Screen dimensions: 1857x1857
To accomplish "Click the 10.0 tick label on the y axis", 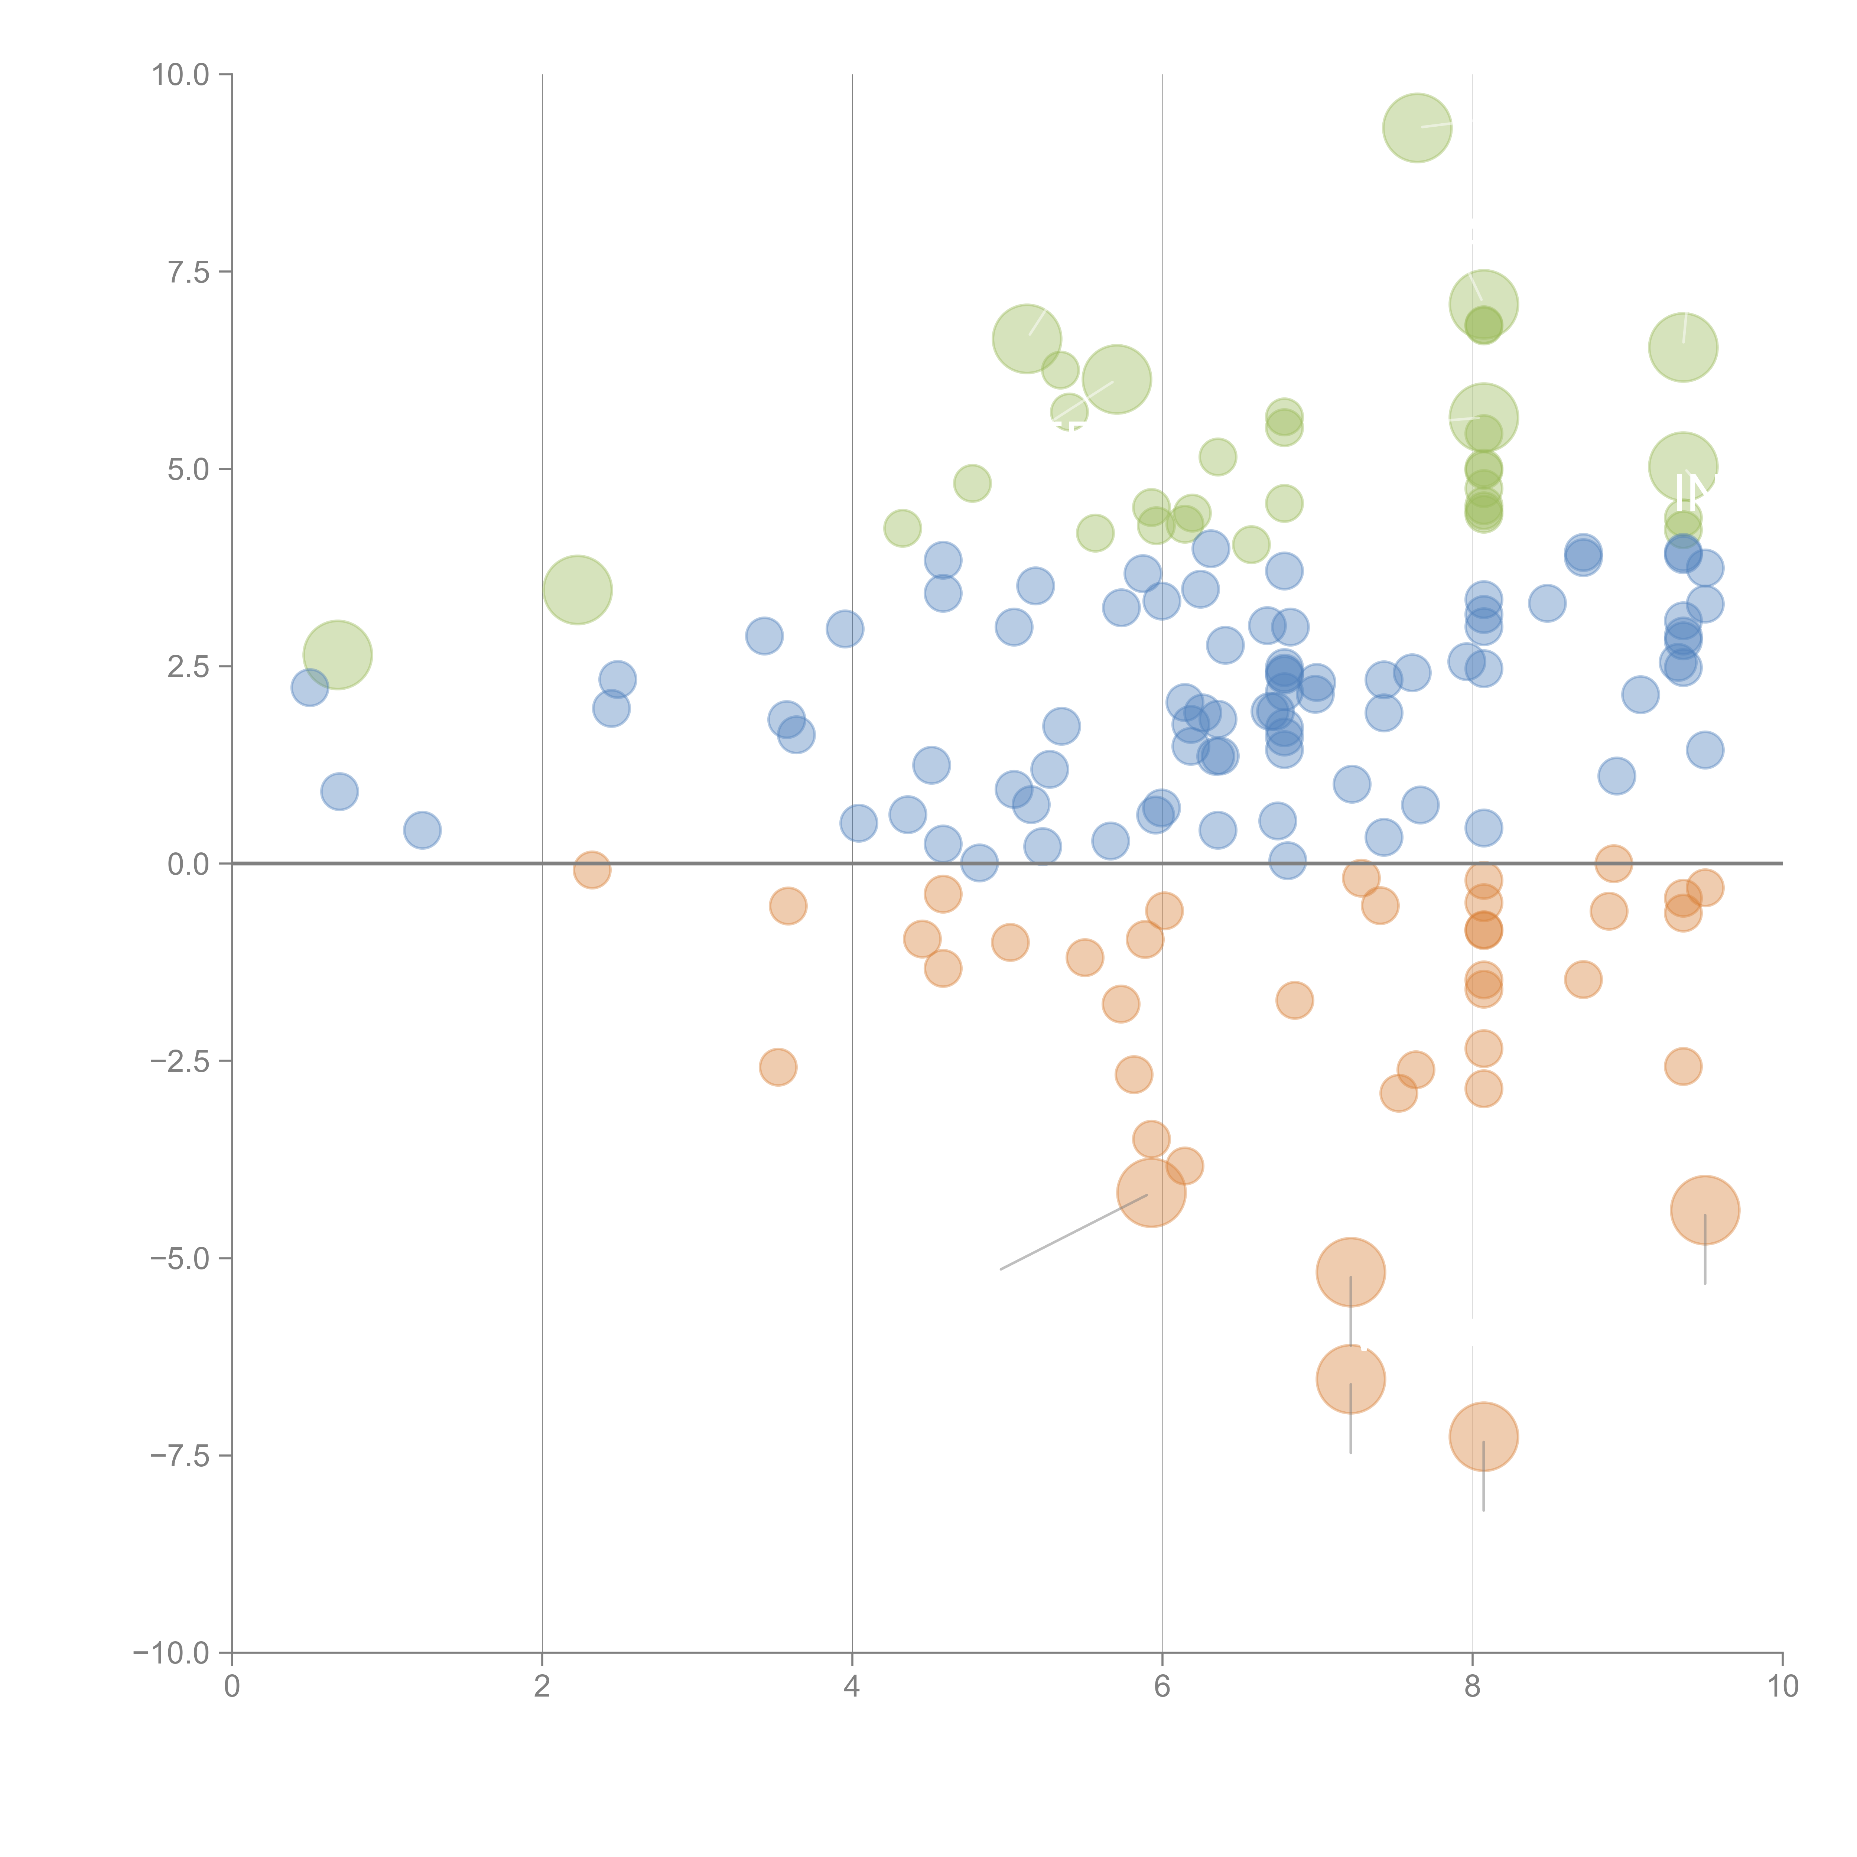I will point(181,75).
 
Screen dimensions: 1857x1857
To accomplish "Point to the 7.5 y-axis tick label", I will point(188,272).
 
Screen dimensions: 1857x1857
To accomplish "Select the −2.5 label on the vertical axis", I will point(181,1061).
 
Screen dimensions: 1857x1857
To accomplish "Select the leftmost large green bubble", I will point(337,654).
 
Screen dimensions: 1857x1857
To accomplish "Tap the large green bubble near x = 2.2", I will point(577,589).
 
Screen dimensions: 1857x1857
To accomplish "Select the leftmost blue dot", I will point(309,687).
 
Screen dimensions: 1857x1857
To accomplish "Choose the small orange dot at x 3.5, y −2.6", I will point(778,1067).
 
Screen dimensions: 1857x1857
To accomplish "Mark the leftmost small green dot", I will point(902,528).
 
